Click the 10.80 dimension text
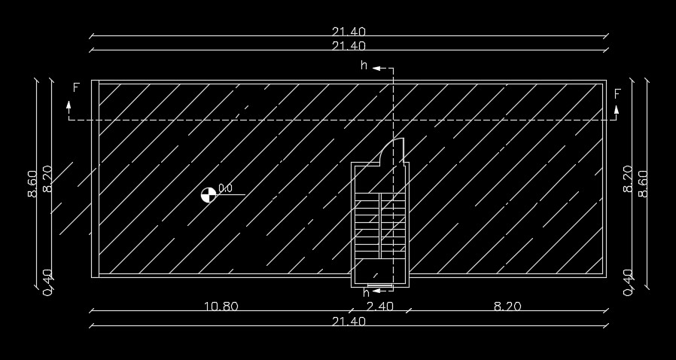221,307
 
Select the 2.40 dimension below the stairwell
380,307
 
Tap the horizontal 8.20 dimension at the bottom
507,307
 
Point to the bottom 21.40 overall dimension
349,322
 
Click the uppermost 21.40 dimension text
349,32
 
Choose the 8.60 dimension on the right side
642,184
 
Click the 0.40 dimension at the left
48,283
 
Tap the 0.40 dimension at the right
628,283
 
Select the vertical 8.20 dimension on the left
47,179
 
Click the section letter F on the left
76,88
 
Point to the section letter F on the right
617,94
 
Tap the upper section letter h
364,66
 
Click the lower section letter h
366,293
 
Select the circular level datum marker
209,194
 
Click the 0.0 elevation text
225,188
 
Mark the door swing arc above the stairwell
387,148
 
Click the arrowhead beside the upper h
376,68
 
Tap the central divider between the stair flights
380,226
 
